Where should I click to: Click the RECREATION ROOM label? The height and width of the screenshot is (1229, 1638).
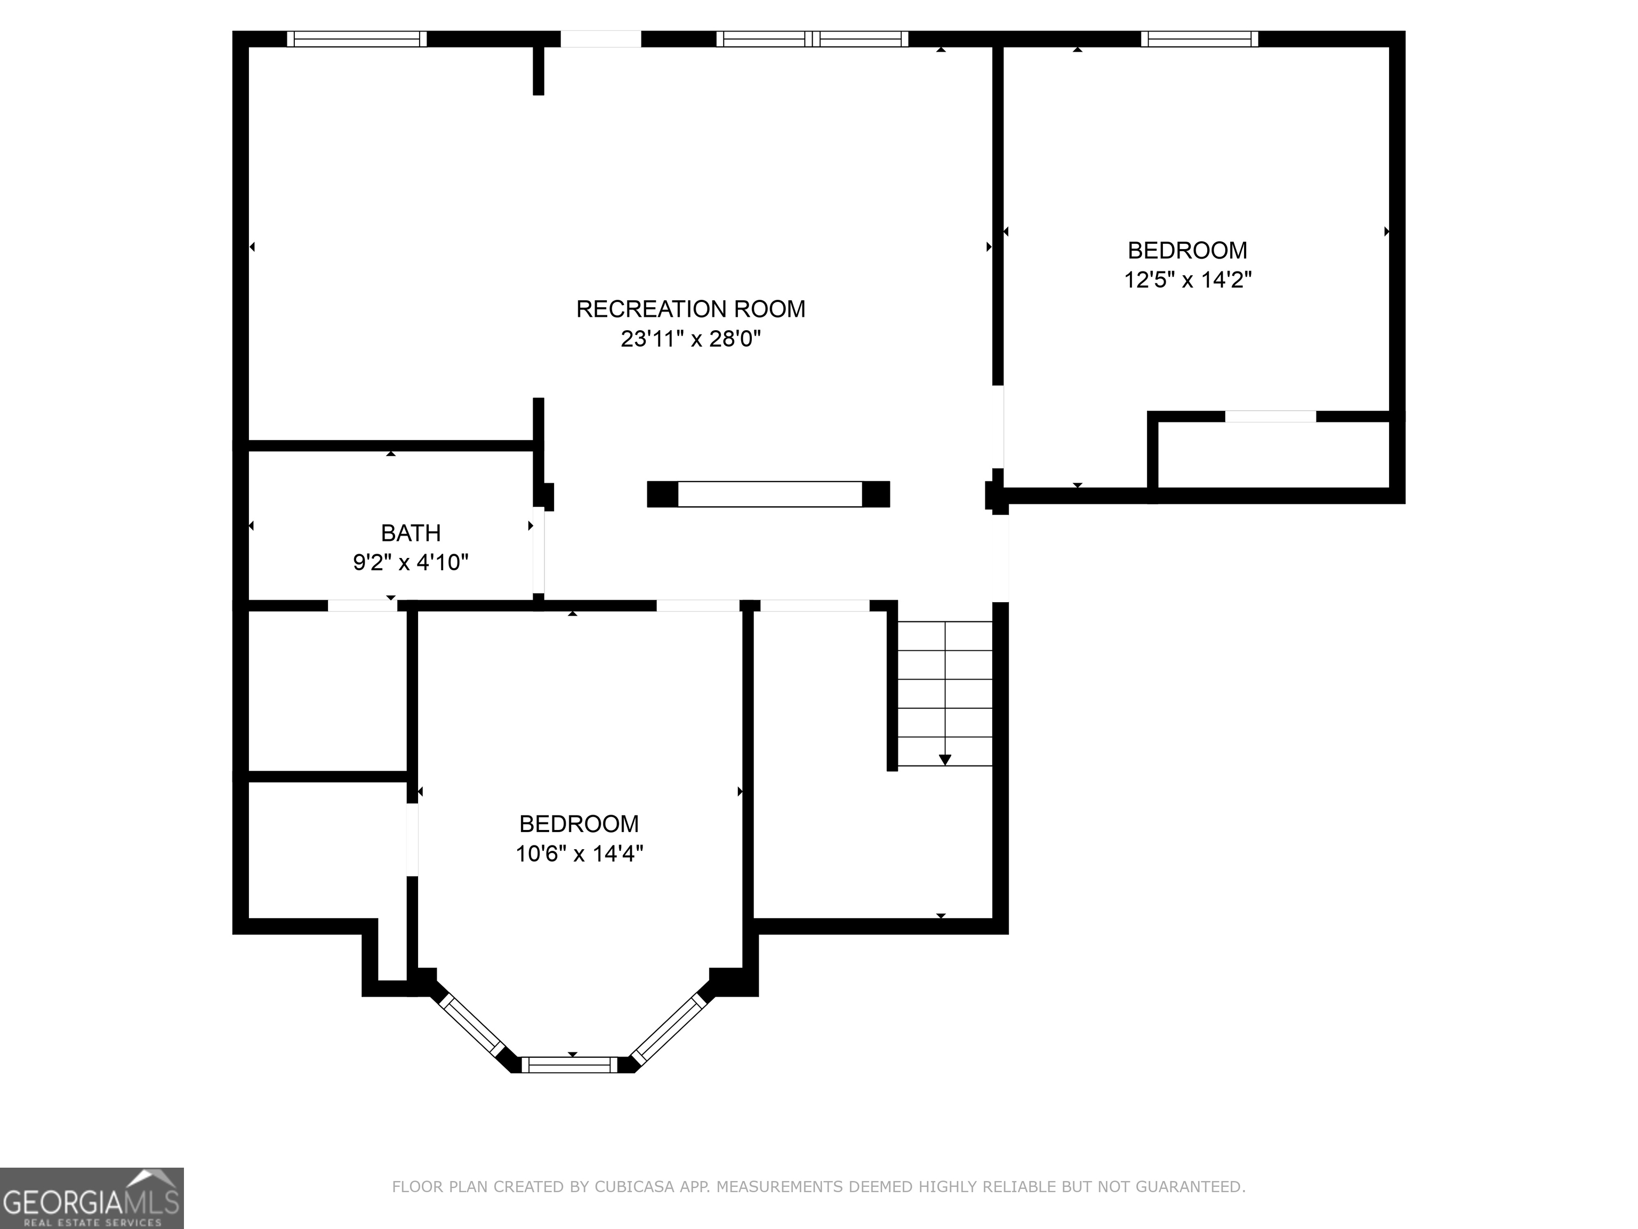coord(690,309)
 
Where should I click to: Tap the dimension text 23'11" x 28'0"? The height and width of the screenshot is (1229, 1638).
coord(690,339)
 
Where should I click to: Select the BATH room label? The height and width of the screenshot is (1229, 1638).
coord(410,533)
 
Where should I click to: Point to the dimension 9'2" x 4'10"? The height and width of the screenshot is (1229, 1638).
coord(410,563)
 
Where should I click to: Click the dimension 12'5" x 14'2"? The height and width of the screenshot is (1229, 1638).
coord(1187,280)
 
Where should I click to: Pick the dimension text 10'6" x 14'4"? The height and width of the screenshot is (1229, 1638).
coord(579,854)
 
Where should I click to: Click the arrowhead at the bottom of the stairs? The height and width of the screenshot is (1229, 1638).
coord(945,760)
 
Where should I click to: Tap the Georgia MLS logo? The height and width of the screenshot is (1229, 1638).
coord(91,1198)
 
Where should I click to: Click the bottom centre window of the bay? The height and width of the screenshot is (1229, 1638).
coord(569,1065)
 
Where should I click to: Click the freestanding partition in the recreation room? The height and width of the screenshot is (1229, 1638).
coord(769,494)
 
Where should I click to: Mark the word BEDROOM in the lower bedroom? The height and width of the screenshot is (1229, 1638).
coord(579,824)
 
